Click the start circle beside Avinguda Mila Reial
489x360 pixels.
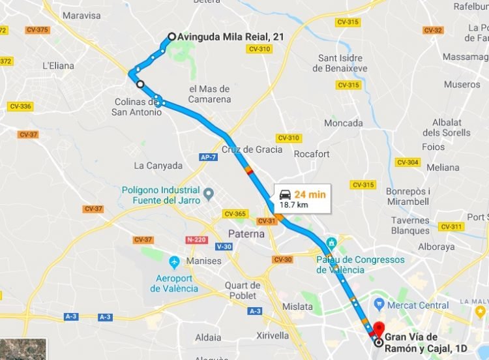[171, 37]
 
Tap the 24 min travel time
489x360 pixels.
[309, 194]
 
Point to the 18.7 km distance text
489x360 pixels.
[293, 205]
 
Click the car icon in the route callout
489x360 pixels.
[285, 194]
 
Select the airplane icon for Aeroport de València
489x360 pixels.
[174, 262]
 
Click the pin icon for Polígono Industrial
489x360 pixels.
[209, 194]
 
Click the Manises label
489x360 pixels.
[205, 261]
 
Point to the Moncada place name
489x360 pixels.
[344, 123]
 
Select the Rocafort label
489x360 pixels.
[312, 154]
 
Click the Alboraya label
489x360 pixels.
[436, 247]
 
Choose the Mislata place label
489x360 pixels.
[297, 305]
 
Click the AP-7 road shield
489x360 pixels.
[208, 157]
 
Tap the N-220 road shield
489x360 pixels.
[196, 239]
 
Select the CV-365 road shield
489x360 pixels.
[235, 214]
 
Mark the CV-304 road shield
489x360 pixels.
[407, 162]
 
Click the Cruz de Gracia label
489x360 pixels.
[252, 149]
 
